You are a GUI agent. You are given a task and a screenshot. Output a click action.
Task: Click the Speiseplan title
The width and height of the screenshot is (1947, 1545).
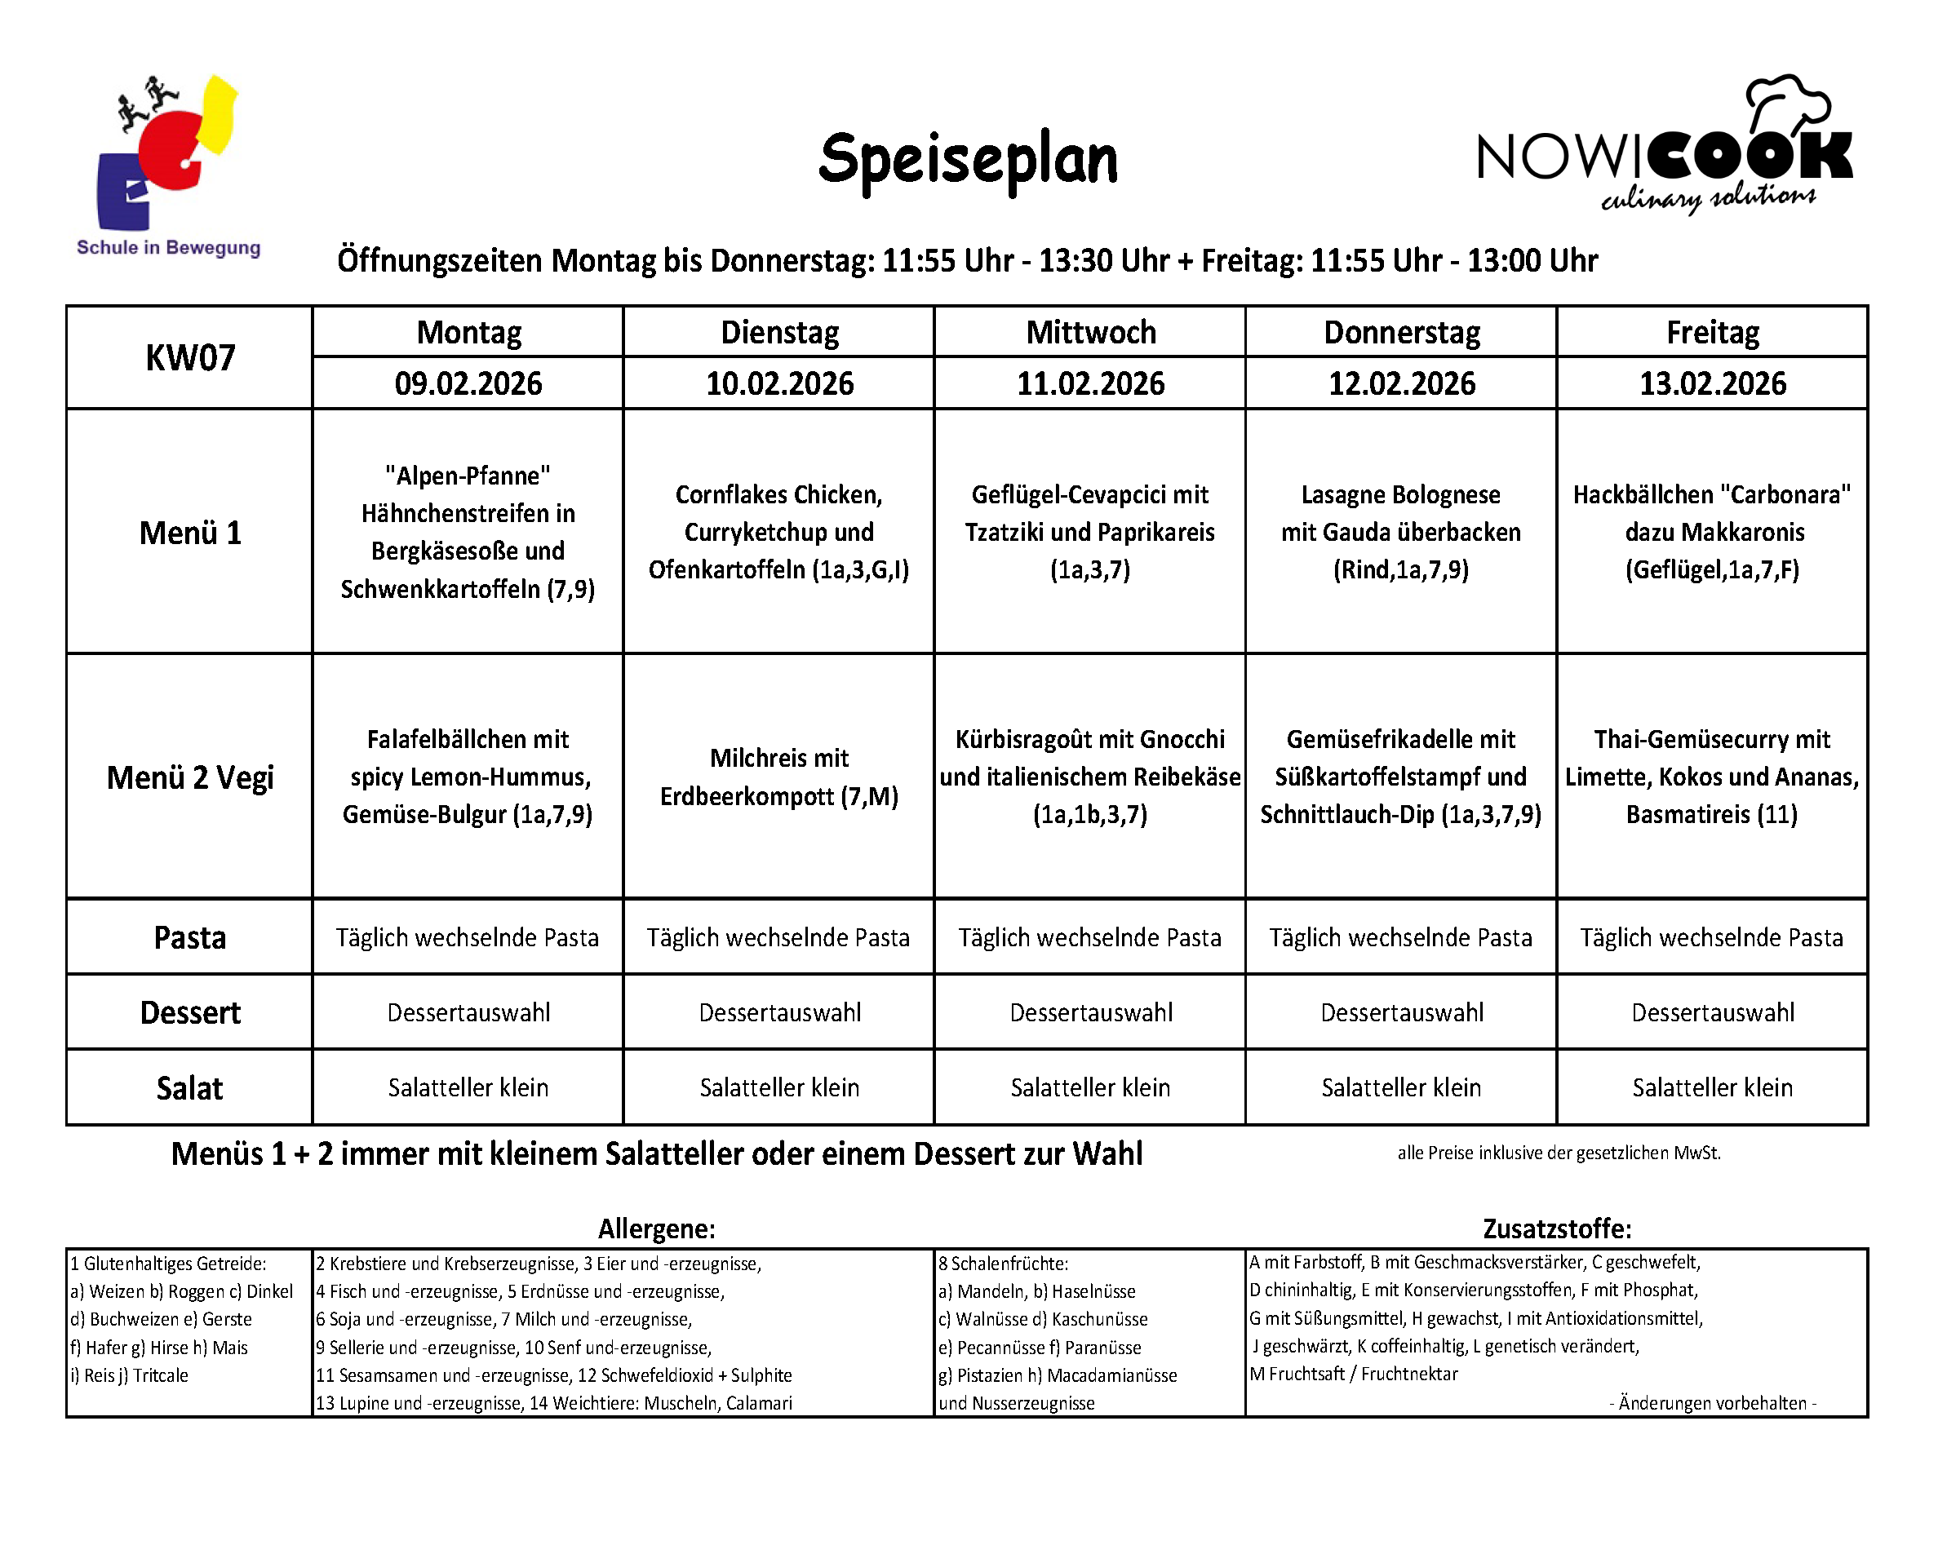pyautogui.click(x=967, y=161)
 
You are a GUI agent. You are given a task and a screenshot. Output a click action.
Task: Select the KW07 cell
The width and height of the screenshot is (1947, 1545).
pyautogui.click(x=189, y=357)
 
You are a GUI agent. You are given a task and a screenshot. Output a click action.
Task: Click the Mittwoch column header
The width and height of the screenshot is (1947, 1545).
pyautogui.click(x=1090, y=332)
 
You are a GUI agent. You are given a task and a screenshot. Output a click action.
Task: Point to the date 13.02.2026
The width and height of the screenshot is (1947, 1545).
pyautogui.click(x=1712, y=383)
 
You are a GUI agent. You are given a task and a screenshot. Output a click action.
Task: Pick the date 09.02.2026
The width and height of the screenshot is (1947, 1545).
pyautogui.click(x=468, y=383)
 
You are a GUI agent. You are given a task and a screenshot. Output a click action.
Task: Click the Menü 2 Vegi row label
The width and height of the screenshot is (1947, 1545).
pyautogui.click(x=189, y=777)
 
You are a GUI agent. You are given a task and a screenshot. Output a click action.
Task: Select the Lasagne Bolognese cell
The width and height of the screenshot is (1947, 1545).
pyautogui.click(x=1400, y=532)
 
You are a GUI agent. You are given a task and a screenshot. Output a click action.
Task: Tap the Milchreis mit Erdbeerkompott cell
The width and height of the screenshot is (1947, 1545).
pyautogui.click(x=778, y=777)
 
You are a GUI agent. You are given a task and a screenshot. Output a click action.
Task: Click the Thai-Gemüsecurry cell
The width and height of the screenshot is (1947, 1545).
pyautogui.click(x=1712, y=777)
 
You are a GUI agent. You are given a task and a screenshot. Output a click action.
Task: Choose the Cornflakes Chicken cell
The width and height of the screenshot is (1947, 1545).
pyautogui.click(x=778, y=532)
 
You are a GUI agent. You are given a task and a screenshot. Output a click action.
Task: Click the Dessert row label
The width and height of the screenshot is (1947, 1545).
pyautogui.click(x=189, y=1013)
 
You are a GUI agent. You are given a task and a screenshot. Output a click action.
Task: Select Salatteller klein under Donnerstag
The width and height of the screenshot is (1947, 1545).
pyautogui.click(x=1400, y=1088)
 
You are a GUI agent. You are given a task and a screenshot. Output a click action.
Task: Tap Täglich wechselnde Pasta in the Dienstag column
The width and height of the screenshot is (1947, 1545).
pyautogui.click(x=778, y=938)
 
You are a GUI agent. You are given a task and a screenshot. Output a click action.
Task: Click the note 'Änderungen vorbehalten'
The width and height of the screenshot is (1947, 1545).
pyautogui.click(x=1712, y=1403)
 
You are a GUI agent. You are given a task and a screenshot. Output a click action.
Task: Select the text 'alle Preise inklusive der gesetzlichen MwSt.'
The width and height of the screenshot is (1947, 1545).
pyautogui.click(x=1559, y=1153)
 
